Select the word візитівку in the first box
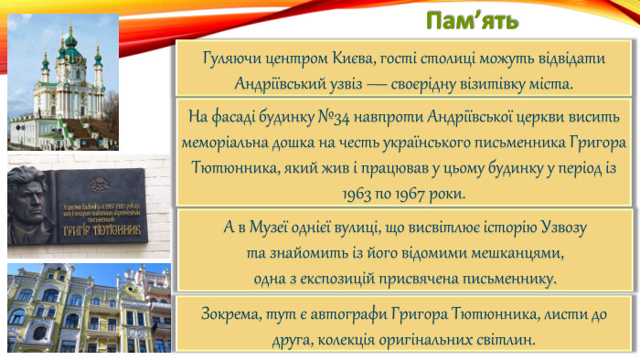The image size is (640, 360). point(487,83)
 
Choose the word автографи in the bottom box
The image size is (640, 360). point(335,314)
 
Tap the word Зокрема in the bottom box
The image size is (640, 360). point(226,314)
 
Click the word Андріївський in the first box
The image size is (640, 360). point(279,83)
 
